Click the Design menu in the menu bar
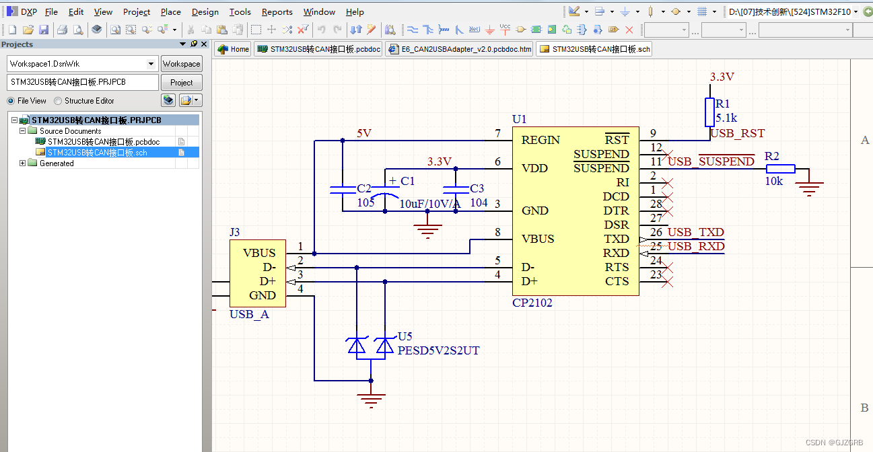[x=205, y=11]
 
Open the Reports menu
[x=277, y=11]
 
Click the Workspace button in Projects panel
[x=181, y=64]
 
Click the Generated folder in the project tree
[x=57, y=163]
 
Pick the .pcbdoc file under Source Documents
[x=103, y=142]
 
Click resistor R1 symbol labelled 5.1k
[x=709, y=112]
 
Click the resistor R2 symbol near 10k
[x=780, y=169]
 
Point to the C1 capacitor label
[x=407, y=181]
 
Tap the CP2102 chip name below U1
[x=532, y=303]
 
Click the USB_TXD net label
[x=695, y=233]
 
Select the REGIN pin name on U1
[x=540, y=140]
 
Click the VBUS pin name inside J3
[x=259, y=253]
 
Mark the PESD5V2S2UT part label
[x=438, y=350]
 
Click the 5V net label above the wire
[x=363, y=133]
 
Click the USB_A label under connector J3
[x=249, y=314]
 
